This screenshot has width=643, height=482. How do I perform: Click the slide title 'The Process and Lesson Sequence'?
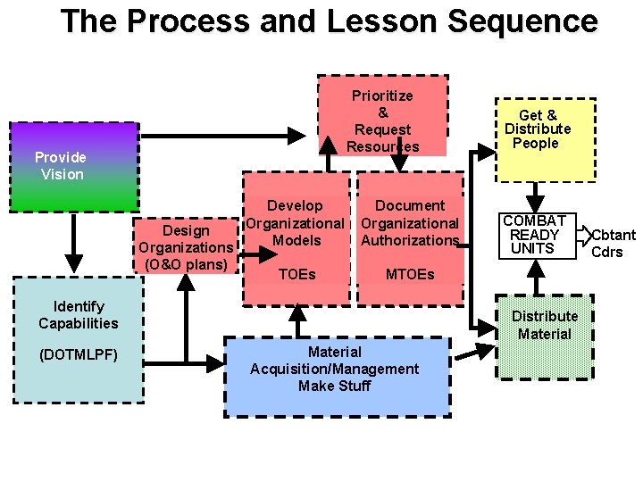329,21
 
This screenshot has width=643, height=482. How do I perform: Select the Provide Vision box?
73,166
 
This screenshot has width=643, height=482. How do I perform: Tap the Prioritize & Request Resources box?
382,116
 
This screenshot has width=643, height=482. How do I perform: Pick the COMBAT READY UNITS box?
534,235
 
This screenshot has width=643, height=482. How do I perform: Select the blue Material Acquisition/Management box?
336,375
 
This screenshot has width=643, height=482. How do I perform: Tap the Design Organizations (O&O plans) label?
186,247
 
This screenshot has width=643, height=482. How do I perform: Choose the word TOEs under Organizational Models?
296,274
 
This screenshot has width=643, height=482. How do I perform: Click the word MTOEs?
409,274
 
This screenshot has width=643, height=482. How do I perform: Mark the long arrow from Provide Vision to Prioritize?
223,136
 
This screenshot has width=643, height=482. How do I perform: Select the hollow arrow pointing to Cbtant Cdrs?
583,235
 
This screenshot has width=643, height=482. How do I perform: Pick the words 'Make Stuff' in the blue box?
335,386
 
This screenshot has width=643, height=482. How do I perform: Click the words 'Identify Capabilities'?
78,315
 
